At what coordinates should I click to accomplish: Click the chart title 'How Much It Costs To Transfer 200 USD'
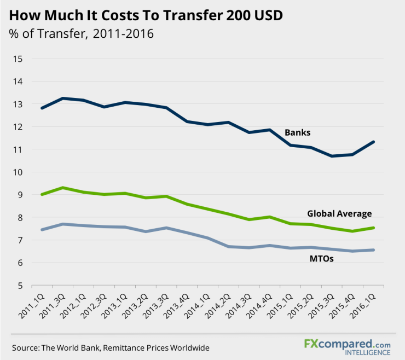146,15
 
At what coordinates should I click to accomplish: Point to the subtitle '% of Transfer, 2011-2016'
82,34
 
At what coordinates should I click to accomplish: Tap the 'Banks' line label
297,132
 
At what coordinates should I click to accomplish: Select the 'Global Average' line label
339,213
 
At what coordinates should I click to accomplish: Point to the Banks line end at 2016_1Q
374,142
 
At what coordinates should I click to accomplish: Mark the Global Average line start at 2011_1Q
42,194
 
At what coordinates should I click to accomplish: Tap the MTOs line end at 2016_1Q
374,250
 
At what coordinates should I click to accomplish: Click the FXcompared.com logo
348,343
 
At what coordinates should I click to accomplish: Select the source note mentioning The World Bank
111,347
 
